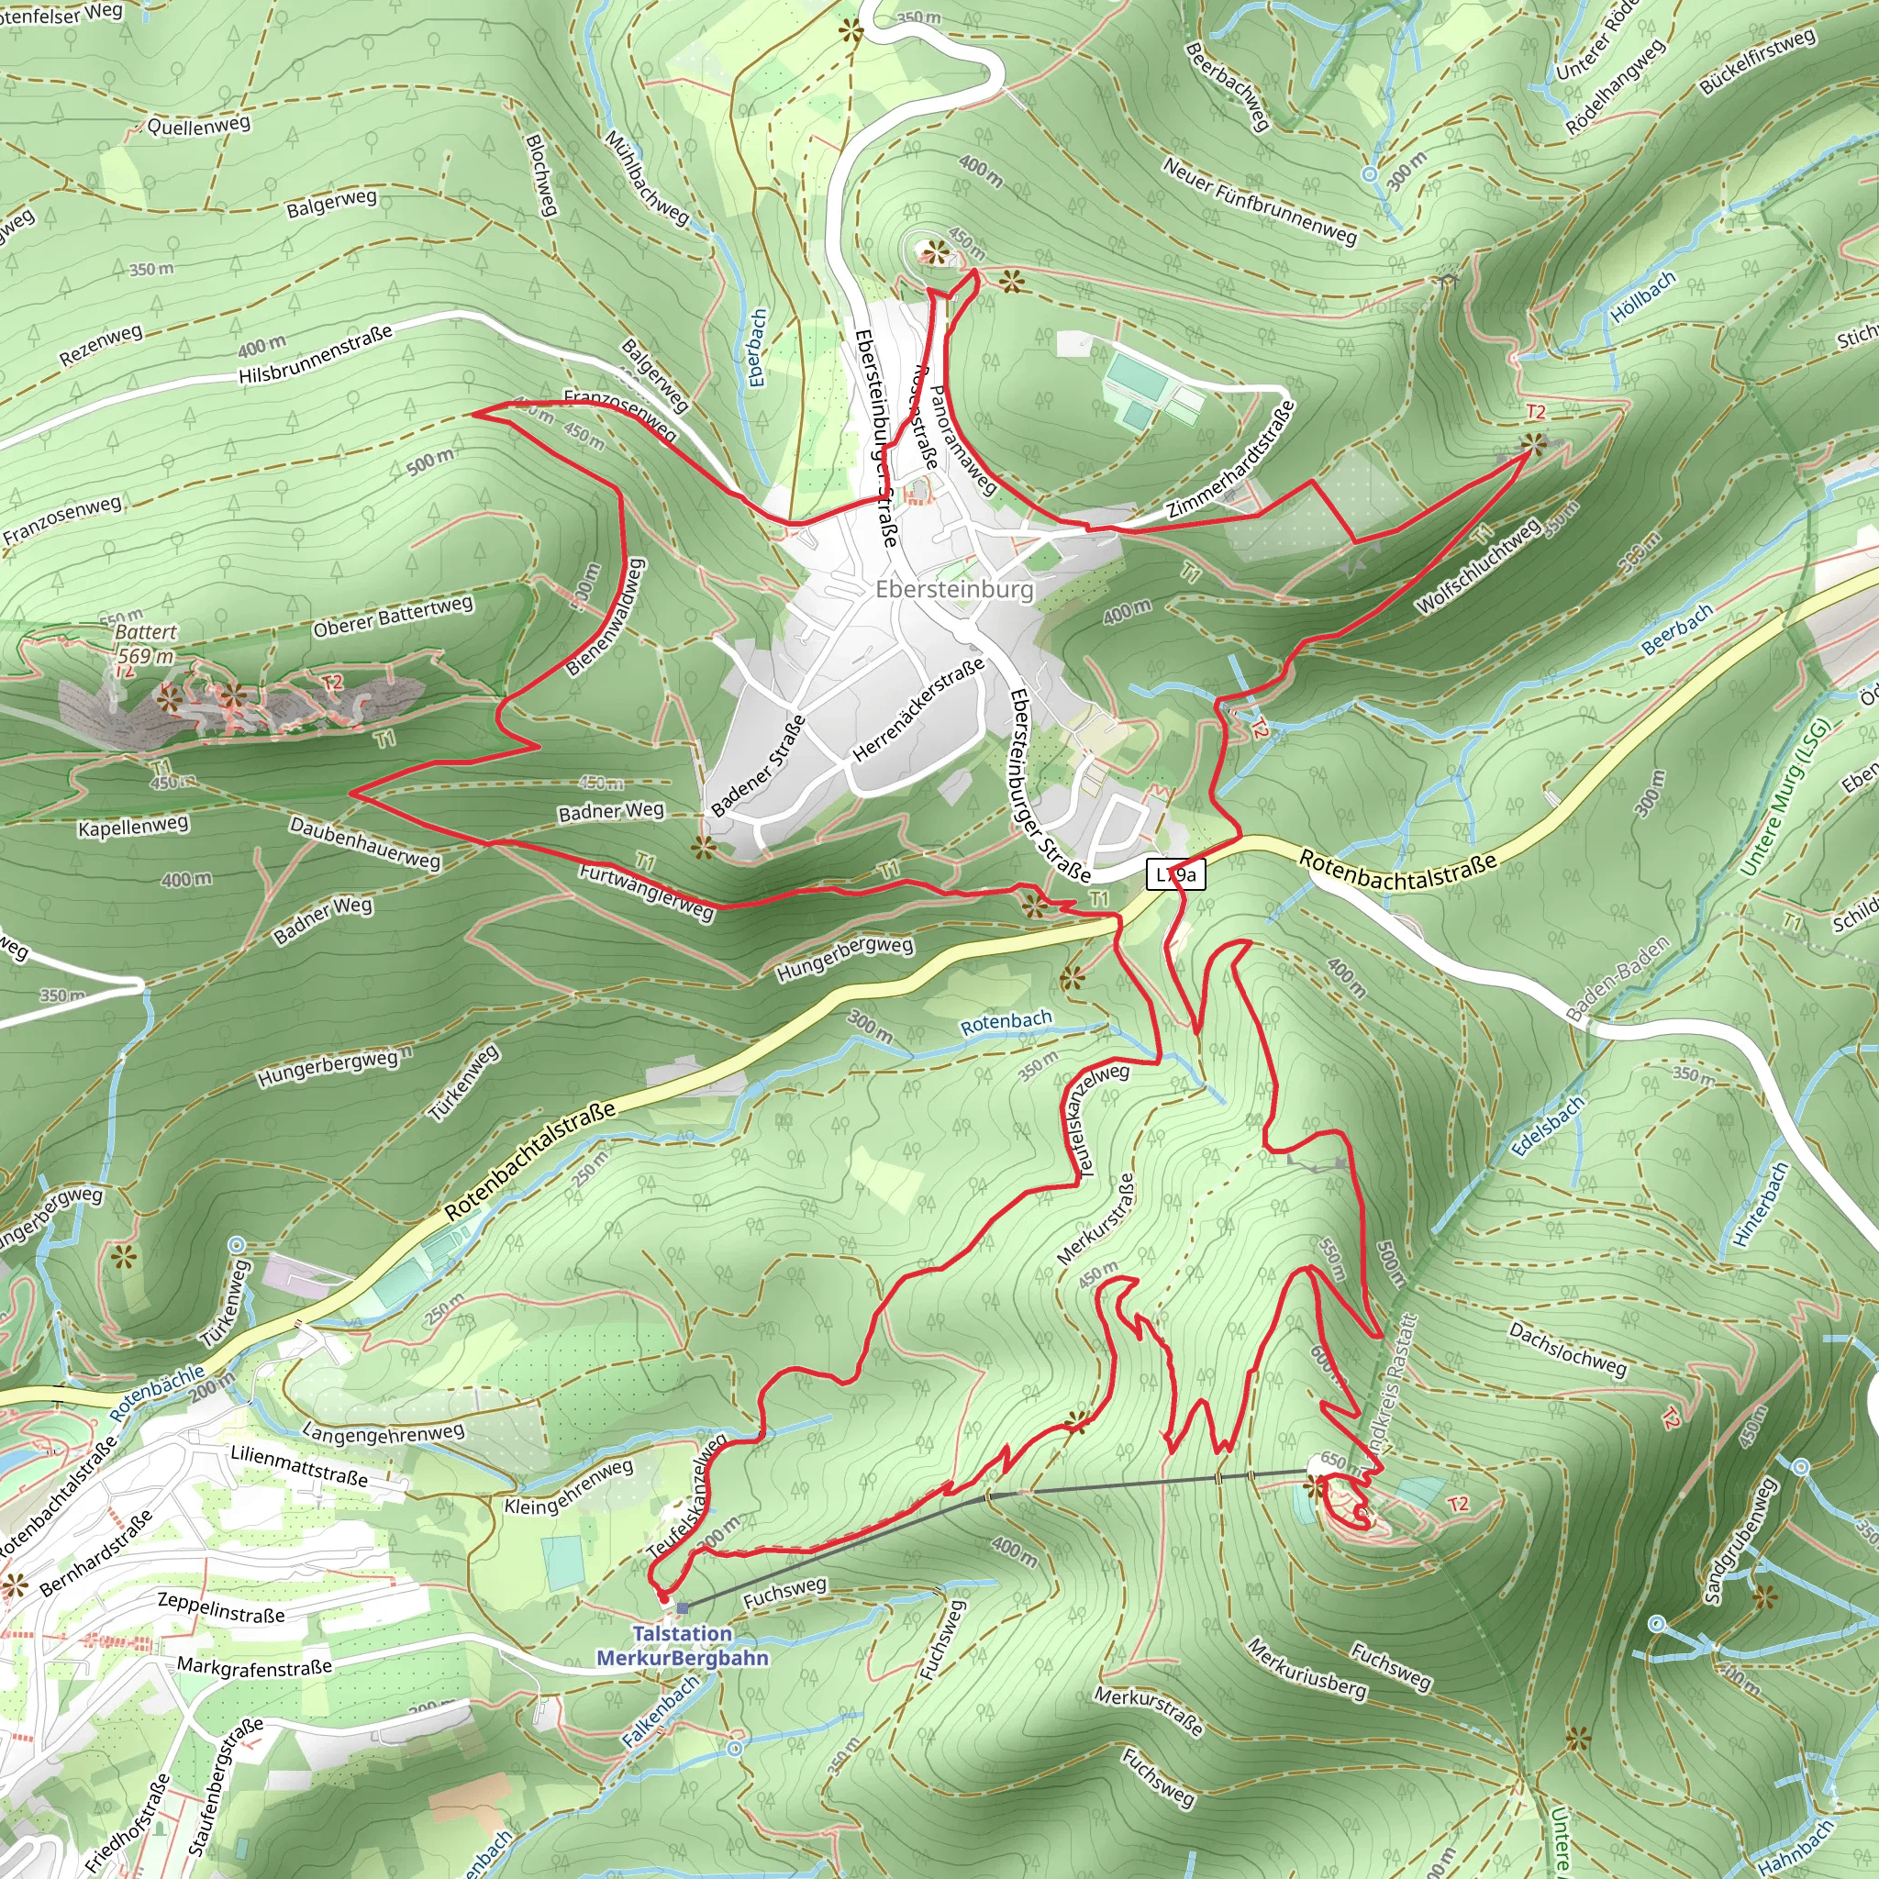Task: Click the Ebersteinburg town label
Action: tap(954, 589)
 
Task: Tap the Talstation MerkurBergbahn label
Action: tap(682, 1647)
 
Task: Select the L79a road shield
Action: tap(1177, 874)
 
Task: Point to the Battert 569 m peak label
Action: tap(146, 644)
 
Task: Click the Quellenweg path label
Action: tap(198, 126)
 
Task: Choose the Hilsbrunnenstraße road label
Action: tap(317, 354)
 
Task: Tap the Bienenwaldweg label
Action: tap(605, 617)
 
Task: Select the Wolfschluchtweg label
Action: tap(1477, 567)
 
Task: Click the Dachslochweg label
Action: tap(1567, 1349)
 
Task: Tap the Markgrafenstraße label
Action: tap(255, 1667)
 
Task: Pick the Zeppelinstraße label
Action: tap(221, 1607)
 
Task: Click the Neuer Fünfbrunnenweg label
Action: tap(1259, 200)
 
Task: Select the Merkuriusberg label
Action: tap(1306, 1669)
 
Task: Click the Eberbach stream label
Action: tap(758, 348)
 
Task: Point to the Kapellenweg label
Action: tap(133, 827)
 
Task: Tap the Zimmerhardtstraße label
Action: tap(1231, 460)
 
